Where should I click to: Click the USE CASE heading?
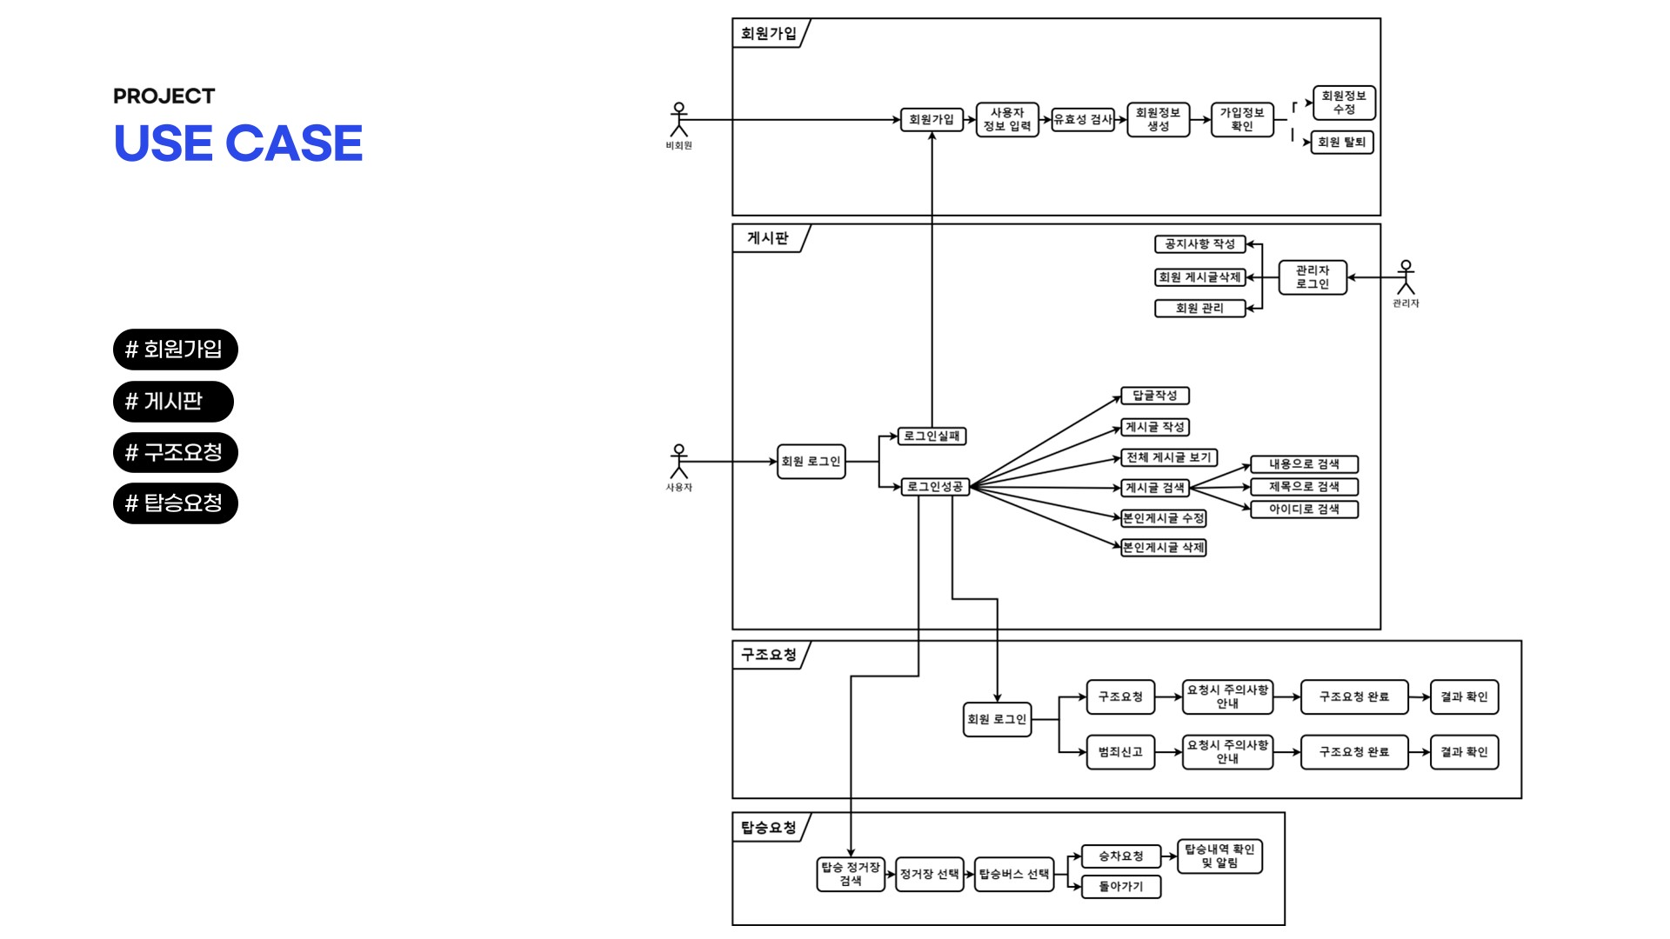pyautogui.click(x=237, y=143)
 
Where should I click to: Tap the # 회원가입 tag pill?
pyautogui.click(x=175, y=350)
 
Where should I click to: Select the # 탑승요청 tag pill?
pyautogui.click(x=175, y=503)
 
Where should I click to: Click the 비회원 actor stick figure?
pyautogui.click(x=678, y=120)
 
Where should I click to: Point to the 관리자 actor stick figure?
pyautogui.click(x=1406, y=277)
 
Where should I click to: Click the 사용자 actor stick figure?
pyautogui.click(x=678, y=461)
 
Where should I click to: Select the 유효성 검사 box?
pyautogui.click(x=1083, y=120)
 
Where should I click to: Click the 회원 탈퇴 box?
pyautogui.click(x=1341, y=143)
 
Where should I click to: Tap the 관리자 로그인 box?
pyautogui.click(x=1312, y=277)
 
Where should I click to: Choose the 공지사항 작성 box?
pyautogui.click(x=1199, y=244)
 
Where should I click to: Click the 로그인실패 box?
pyautogui.click(x=932, y=436)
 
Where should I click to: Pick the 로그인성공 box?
pyautogui.click(x=935, y=487)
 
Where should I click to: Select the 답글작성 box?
pyautogui.click(x=1154, y=396)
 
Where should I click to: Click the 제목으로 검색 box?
pyautogui.click(x=1303, y=487)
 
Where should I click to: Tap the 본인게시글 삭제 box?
pyautogui.click(x=1163, y=548)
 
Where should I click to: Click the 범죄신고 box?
pyautogui.click(x=1120, y=752)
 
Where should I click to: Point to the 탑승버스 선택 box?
pyautogui.click(x=1013, y=874)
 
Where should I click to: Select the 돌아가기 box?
pyautogui.click(x=1120, y=887)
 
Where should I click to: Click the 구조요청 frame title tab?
pyautogui.click(x=769, y=655)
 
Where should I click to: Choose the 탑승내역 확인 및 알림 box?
pyautogui.click(x=1219, y=856)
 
